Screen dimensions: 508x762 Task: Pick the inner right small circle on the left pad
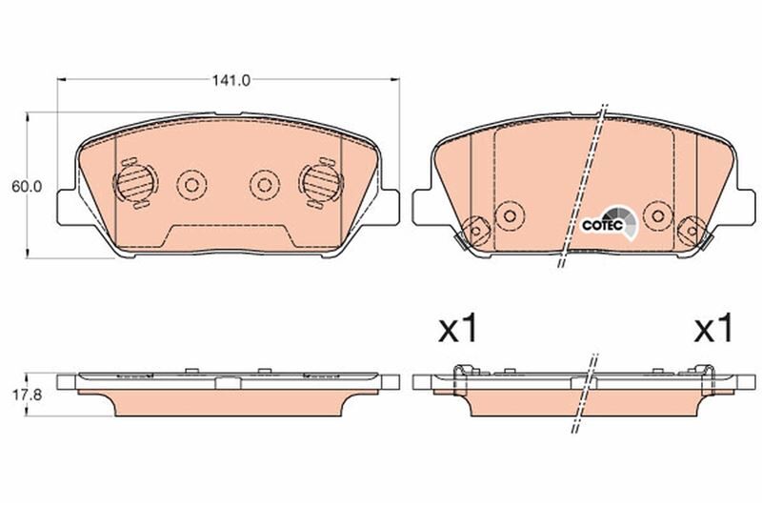(262, 183)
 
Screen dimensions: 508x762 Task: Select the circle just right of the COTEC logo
(655, 213)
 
